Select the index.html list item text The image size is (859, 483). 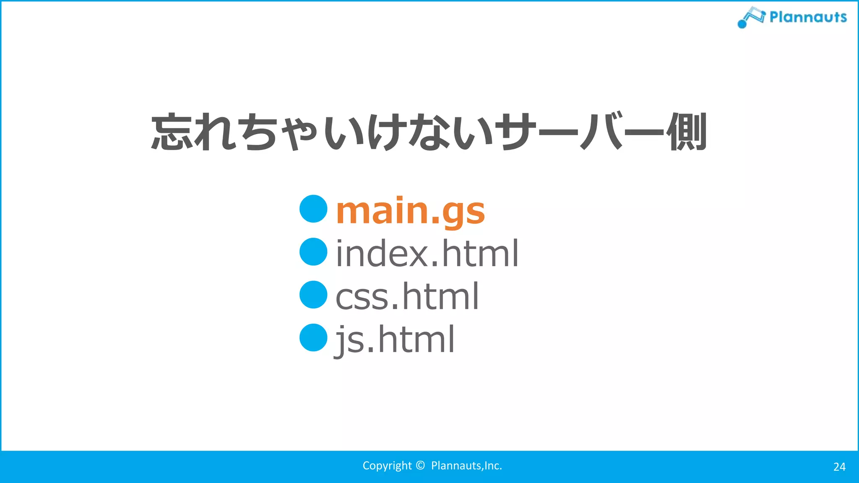[427, 253]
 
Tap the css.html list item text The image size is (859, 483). [407, 296]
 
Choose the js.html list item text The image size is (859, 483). [395, 340]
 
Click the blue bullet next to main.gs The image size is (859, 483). [313, 209]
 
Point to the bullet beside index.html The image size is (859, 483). [313, 252]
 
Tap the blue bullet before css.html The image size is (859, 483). [313, 295]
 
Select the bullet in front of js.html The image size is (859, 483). [313, 338]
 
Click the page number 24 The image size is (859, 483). [839, 467]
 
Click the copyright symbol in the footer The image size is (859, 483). [420, 465]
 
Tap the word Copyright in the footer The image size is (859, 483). [387, 466]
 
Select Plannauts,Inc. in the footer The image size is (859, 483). [466, 466]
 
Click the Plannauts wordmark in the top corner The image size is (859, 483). [808, 17]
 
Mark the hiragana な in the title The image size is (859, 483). [428, 132]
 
